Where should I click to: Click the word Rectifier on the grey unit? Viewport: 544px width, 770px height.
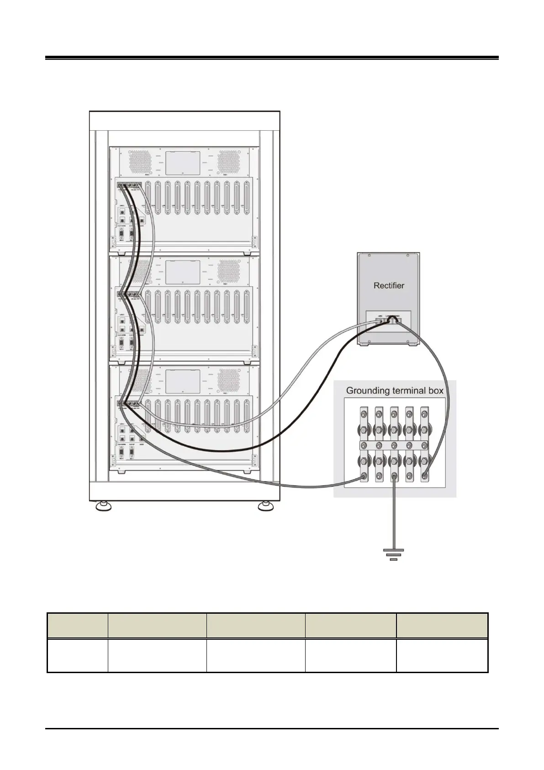tap(389, 286)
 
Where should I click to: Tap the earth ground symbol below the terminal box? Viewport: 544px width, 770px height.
tap(393, 554)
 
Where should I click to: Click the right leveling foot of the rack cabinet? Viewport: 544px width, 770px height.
tap(264, 506)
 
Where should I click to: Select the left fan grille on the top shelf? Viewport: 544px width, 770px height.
tap(137, 162)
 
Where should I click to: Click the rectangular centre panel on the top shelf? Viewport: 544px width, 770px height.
tap(183, 163)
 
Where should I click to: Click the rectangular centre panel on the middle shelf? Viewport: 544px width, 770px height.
tap(183, 272)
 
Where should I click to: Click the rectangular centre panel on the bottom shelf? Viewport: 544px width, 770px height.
tap(183, 382)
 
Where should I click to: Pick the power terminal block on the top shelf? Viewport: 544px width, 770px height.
tap(129, 186)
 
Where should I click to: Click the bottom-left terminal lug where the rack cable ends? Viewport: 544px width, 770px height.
tap(364, 477)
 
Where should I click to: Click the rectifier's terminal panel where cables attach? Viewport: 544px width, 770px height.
tap(388, 321)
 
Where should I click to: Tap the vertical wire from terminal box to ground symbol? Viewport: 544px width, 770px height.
tap(394, 516)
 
